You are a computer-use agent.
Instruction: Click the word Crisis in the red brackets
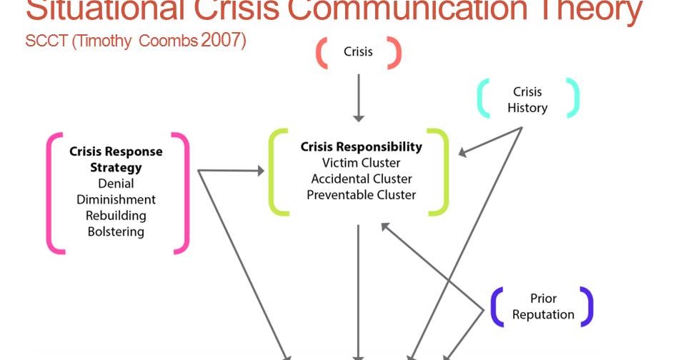[x=358, y=51]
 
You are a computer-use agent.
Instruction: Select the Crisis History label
[x=527, y=100]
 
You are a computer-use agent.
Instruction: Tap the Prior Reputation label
[x=543, y=306]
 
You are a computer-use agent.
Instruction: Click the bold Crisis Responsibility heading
[x=361, y=147]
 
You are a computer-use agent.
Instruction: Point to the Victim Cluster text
[x=361, y=163]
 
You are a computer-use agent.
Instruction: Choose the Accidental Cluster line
[x=361, y=179]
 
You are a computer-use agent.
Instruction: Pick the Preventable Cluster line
[x=361, y=194]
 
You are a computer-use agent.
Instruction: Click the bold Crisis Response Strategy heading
[x=116, y=159]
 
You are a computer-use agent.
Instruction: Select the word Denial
[x=116, y=184]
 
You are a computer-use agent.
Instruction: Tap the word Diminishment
[x=116, y=199]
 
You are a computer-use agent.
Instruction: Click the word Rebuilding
[x=116, y=216]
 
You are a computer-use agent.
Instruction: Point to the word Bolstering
[x=116, y=231]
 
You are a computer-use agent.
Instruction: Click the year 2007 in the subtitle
[x=224, y=41]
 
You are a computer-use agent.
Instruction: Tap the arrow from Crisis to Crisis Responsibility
[x=359, y=96]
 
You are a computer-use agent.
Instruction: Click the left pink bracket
[x=54, y=193]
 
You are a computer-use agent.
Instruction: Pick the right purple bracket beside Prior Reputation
[x=586, y=306]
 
